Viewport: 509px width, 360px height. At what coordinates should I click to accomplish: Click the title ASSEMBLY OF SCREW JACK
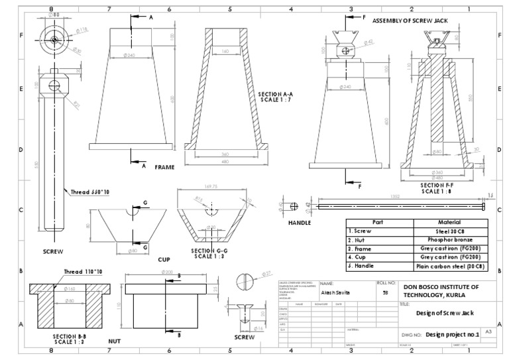410,21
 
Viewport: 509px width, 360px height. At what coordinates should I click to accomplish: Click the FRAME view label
164,168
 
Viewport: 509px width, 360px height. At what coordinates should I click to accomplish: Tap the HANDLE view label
299,223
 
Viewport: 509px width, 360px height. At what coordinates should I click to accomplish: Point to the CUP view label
164,259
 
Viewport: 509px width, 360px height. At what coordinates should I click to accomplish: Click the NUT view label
114,341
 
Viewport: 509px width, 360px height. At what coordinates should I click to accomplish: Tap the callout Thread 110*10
83,272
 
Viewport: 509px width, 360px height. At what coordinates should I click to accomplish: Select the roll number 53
385,292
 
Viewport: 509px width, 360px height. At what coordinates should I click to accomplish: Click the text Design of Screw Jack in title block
443,314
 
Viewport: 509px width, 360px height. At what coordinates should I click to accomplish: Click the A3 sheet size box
488,330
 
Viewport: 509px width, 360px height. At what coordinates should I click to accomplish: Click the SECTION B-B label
68,339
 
